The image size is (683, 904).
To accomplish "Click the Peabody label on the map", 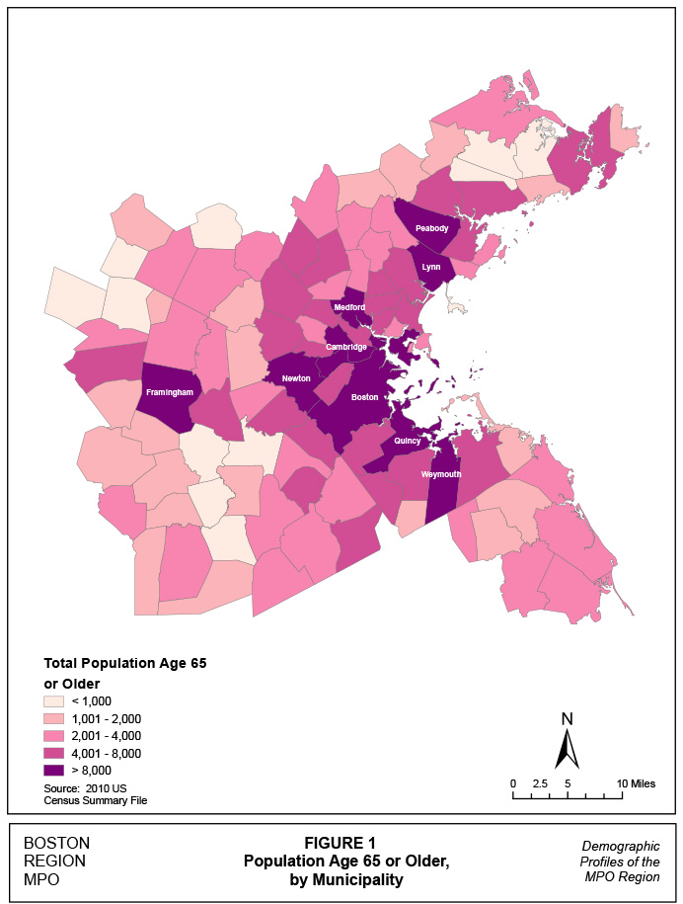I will point(431,228).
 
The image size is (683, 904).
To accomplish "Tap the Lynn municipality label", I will point(430,267).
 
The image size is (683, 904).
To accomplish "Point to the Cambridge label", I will point(346,347).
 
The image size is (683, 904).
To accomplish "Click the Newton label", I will point(295,378).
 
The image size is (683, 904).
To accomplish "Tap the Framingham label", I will point(169,392).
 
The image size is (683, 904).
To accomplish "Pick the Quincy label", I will point(408,441).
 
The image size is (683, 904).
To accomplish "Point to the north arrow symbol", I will point(567,743).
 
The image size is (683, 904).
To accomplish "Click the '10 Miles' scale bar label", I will point(636,783).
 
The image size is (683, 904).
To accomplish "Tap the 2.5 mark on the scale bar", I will point(540,783).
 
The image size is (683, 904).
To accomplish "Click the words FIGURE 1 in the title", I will point(341,843).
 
